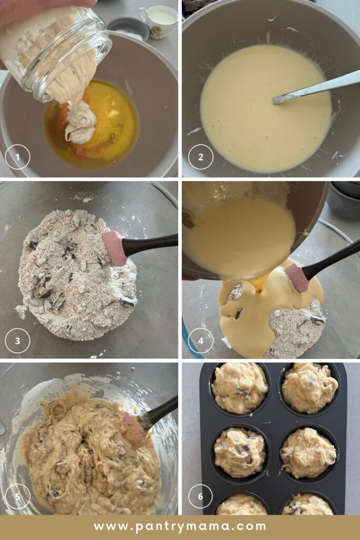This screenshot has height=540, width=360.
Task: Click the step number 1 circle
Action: click(17, 157)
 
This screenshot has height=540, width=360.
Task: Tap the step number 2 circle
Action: click(201, 157)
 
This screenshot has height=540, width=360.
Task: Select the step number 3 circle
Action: click(17, 341)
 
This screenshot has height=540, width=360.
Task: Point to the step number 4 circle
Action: click(201, 341)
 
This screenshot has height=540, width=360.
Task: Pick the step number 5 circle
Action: click(17, 496)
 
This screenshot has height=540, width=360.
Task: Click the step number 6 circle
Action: click(201, 496)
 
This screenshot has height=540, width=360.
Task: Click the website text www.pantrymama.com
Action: click(180, 527)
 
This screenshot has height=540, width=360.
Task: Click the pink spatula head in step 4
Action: click(297, 277)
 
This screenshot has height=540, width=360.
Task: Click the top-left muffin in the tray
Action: click(239, 388)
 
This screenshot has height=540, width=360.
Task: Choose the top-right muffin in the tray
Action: click(309, 388)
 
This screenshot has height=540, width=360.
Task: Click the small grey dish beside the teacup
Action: click(128, 29)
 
